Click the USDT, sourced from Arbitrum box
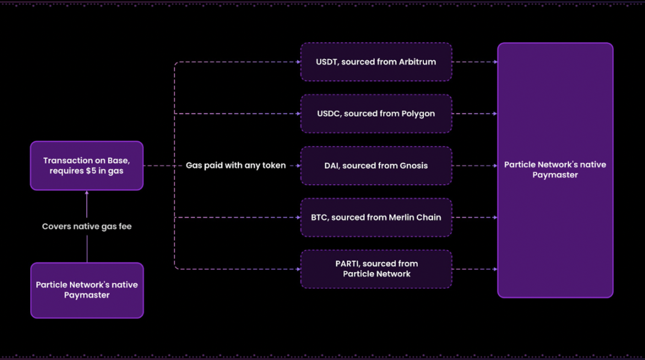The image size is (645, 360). click(x=376, y=62)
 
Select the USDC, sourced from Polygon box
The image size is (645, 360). click(x=376, y=114)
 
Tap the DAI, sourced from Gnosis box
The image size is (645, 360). click(x=376, y=166)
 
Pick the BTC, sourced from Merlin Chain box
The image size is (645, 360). click(x=376, y=217)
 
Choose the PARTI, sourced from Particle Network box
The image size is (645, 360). click(x=376, y=269)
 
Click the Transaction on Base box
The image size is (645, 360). click(x=87, y=166)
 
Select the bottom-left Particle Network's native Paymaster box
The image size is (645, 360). click(x=87, y=290)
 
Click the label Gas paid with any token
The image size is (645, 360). click(x=235, y=166)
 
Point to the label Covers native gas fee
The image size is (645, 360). click(x=87, y=227)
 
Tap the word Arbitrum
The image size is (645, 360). click(x=417, y=62)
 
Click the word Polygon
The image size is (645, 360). click(x=417, y=114)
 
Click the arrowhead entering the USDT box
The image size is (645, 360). click(x=298, y=62)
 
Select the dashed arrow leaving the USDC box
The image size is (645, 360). click(x=475, y=114)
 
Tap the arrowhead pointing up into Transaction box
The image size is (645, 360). click(x=87, y=193)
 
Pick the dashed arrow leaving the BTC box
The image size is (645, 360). click(x=475, y=217)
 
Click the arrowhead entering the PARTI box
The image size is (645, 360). click(x=298, y=269)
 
